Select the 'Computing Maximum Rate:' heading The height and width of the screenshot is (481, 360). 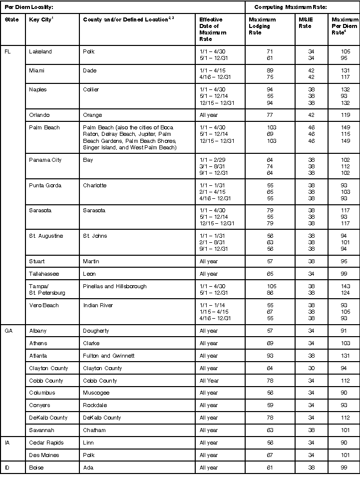click(x=284, y=7)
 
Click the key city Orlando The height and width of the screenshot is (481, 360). click(x=39, y=115)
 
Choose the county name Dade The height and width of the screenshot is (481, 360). click(x=90, y=70)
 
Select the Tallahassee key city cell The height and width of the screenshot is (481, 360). click(x=44, y=274)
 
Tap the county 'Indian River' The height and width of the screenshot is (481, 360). click(x=98, y=305)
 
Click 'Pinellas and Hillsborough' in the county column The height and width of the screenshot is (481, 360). click(x=114, y=286)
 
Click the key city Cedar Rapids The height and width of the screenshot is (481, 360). click(x=45, y=443)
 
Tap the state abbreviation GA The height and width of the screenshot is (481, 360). click(x=8, y=331)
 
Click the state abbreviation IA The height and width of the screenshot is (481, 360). click(x=7, y=443)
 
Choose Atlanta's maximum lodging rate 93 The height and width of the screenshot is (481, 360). click(x=270, y=356)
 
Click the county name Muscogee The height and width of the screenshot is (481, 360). click(x=95, y=393)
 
